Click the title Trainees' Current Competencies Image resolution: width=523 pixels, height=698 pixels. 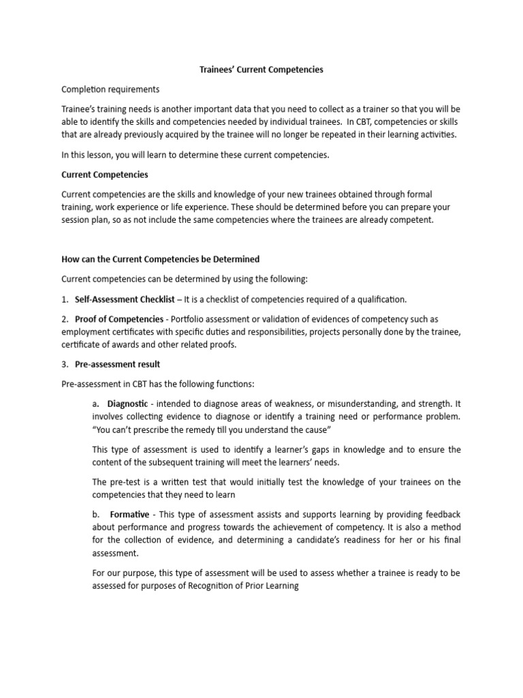(x=261, y=70)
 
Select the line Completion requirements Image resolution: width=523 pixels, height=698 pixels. (x=110, y=89)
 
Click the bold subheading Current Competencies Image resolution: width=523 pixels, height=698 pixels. (x=105, y=174)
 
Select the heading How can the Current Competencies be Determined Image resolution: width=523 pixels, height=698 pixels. (x=161, y=259)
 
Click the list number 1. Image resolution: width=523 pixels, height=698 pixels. (x=64, y=299)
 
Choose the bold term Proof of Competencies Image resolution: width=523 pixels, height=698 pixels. (x=119, y=319)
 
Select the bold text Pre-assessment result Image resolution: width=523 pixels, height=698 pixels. (x=117, y=364)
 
